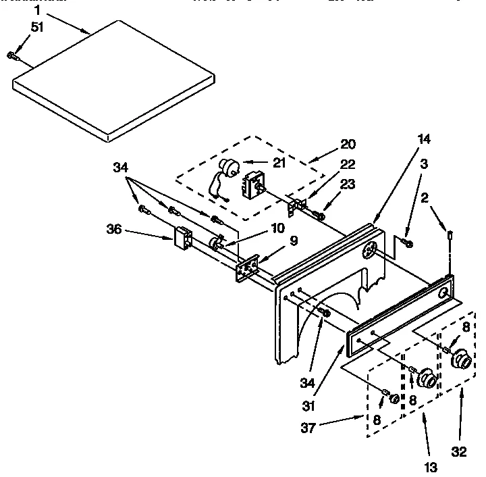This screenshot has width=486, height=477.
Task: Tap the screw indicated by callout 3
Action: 406,242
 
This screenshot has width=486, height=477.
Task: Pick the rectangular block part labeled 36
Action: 183,238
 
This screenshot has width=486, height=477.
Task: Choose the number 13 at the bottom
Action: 431,466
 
